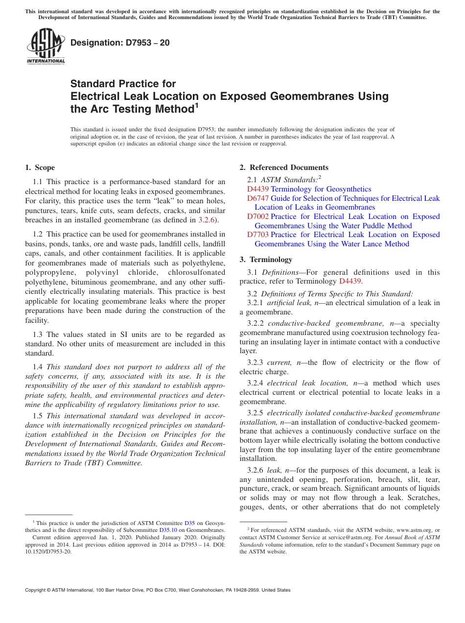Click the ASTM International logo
coord(46,47)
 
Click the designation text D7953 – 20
coord(120,43)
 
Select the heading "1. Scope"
coord(40,168)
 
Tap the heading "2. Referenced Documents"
coord(284,168)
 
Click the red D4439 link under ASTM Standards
coord(258,189)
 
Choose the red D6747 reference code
coord(258,198)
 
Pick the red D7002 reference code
coord(258,216)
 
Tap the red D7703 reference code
coord(258,235)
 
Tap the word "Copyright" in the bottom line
coord(37,590)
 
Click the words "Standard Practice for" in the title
coord(123,84)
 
